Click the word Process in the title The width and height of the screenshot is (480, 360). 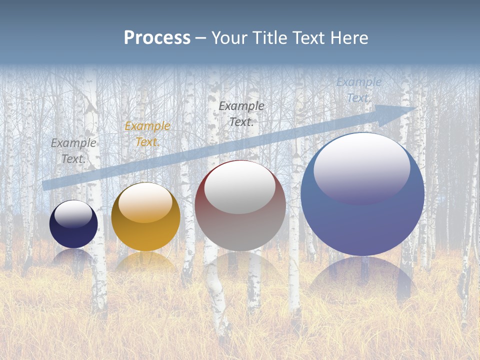click(x=157, y=38)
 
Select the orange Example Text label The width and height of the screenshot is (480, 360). click(x=147, y=134)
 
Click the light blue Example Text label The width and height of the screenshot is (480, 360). click(x=358, y=90)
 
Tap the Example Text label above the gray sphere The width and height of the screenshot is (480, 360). click(x=241, y=113)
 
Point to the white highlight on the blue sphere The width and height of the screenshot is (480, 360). click(x=361, y=167)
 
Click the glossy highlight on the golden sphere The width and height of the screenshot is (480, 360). click(x=145, y=202)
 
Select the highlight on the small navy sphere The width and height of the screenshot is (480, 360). click(x=73, y=214)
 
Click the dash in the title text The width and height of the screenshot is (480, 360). click(x=201, y=38)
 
